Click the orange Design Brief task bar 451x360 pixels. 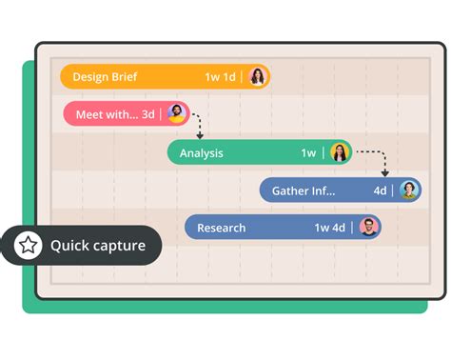click(x=143, y=77)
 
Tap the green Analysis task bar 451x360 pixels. click(x=238, y=152)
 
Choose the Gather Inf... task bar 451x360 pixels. click(x=314, y=190)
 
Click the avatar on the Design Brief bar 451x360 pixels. click(x=258, y=77)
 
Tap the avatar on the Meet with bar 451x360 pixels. click(x=176, y=114)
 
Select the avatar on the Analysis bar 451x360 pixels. click(x=340, y=152)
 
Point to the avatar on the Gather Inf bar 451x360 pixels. click(x=409, y=190)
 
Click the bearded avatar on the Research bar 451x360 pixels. click(x=369, y=228)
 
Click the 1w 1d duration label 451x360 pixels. click(x=220, y=77)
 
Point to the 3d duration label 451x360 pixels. click(x=147, y=114)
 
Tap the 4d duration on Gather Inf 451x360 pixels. click(x=380, y=190)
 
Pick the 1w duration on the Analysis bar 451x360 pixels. click(x=308, y=152)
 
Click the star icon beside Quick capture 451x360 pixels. click(x=29, y=246)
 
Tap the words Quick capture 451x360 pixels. click(x=98, y=246)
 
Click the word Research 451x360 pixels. click(x=221, y=228)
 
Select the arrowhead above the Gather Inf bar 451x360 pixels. click(x=385, y=173)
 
